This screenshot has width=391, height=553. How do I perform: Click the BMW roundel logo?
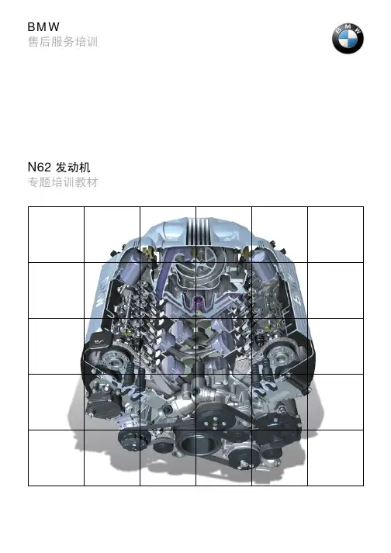click(x=348, y=39)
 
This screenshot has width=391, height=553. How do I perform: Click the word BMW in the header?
click(x=43, y=27)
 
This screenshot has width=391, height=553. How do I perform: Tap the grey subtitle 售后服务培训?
click(x=63, y=42)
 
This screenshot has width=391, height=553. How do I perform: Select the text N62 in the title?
click(x=40, y=168)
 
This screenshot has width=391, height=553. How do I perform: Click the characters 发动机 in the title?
click(x=73, y=168)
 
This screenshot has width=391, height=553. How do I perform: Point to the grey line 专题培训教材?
click(x=63, y=182)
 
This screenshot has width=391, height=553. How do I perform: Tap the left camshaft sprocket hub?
click(x=113, y=361)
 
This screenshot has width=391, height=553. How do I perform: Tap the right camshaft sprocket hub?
click(x=279, y=359)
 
